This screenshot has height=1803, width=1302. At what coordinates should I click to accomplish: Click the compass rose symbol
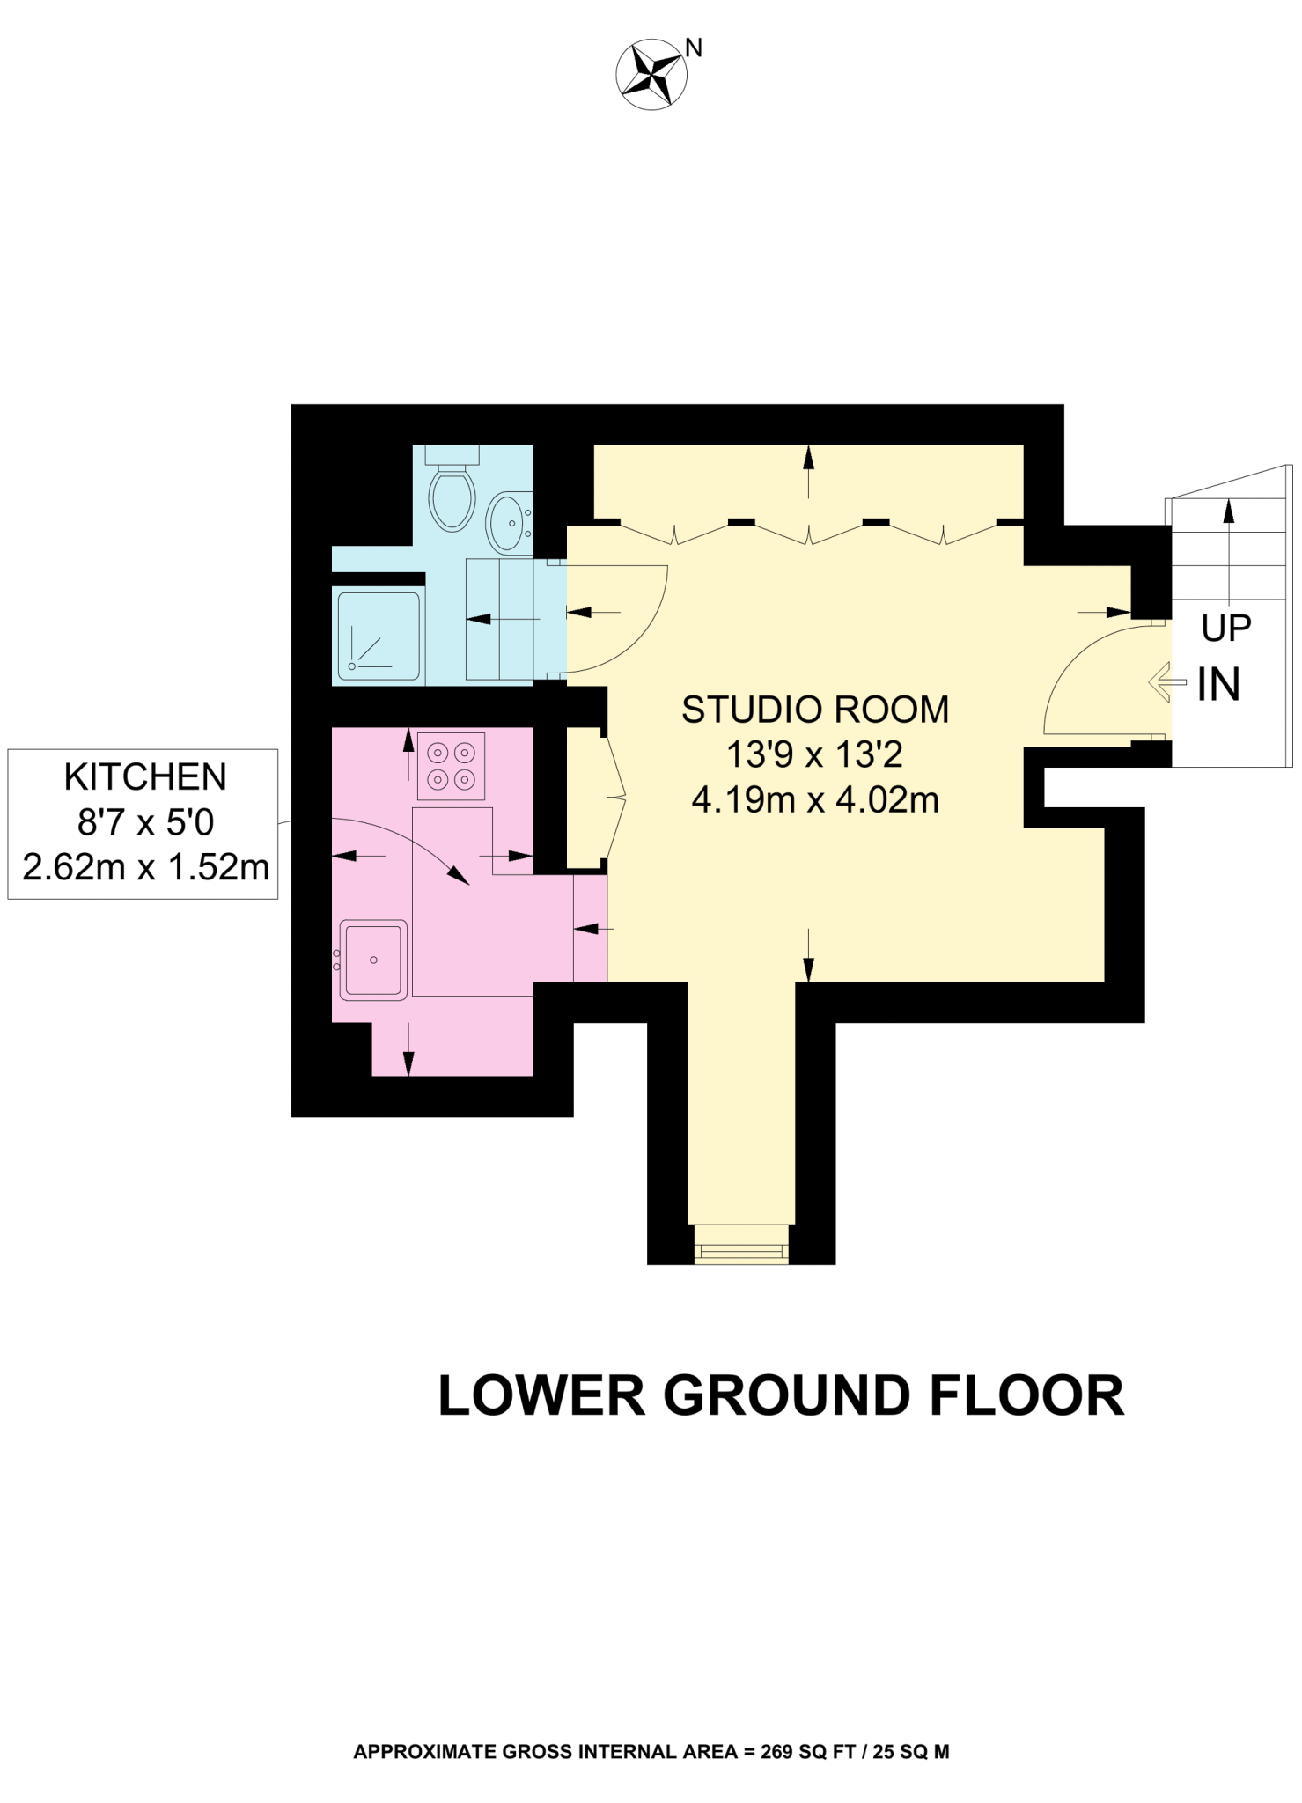651,74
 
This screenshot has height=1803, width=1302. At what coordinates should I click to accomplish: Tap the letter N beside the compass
694,48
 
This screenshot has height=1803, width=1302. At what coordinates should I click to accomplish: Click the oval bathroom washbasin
509,521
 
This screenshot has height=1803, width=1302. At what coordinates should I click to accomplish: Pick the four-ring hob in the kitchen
451,766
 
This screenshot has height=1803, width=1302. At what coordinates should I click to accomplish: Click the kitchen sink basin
373,960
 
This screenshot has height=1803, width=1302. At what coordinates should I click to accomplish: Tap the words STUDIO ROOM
815,710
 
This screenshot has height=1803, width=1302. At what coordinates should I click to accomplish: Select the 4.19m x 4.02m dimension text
815,800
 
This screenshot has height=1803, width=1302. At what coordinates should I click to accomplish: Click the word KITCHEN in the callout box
145,777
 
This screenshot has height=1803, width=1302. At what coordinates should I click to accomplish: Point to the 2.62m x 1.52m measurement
145,868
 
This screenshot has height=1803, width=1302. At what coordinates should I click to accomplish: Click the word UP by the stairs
1226,628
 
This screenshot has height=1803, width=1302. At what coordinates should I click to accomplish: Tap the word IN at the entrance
1219,684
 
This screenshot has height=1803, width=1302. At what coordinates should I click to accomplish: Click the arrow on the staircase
1229,548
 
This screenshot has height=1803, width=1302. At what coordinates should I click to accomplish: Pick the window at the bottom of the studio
741,1244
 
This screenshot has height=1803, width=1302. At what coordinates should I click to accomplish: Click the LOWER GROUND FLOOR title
781,1395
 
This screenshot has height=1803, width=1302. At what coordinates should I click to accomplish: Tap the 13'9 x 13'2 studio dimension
815,754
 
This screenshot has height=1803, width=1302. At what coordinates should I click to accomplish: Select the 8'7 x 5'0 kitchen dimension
145,822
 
